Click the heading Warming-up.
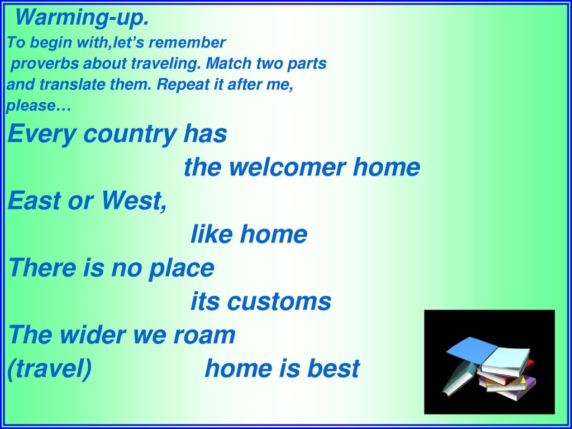(82, 17)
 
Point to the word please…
(39, 106)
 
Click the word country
(130, 134)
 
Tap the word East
(34, 201)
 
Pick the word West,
(134, 201)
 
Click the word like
(211, 234)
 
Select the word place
(181, 269)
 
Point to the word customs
(279, 302)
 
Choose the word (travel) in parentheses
(50, 369)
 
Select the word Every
(42, 134)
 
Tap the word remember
(188, 42)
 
